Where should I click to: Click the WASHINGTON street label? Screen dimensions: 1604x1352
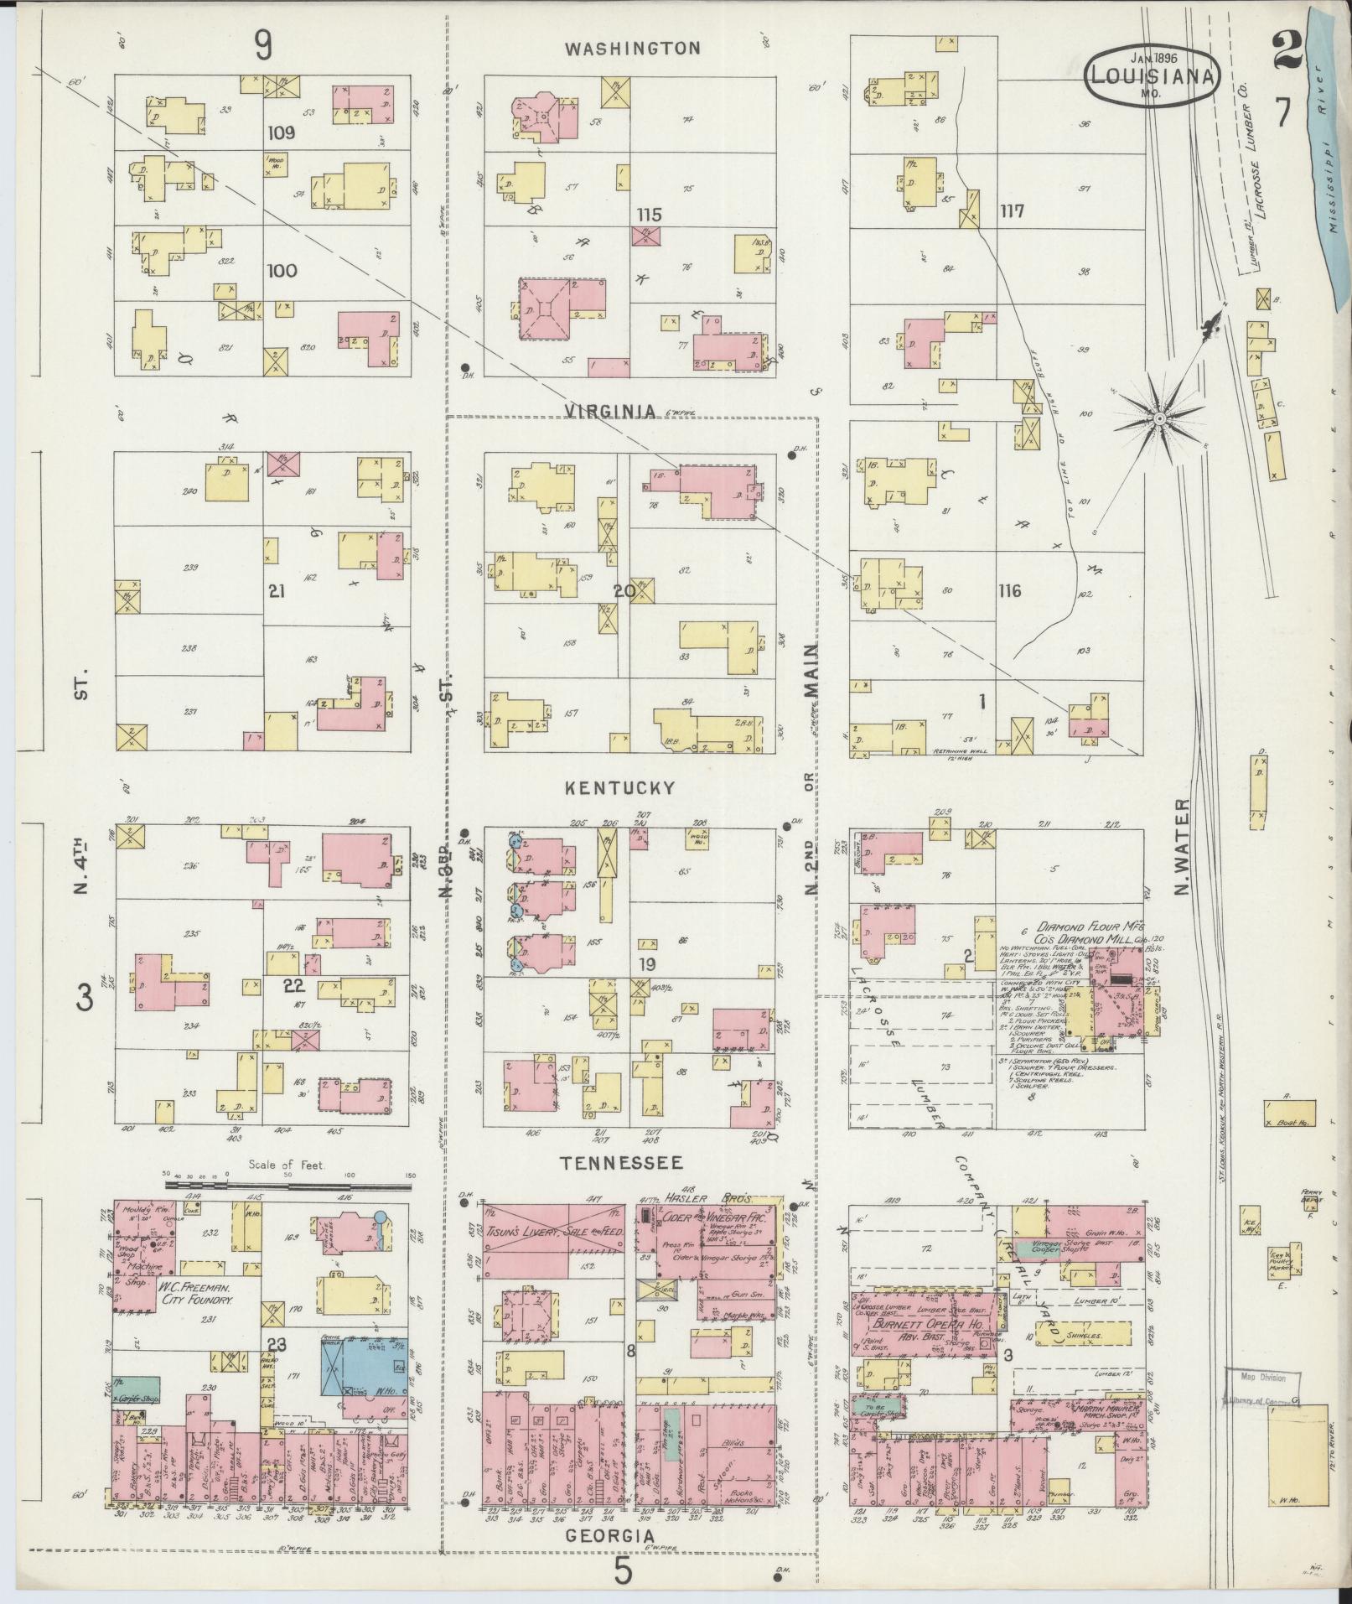click(x=632, y=49)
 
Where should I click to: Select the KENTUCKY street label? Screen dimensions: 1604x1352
click(x=619, y=788)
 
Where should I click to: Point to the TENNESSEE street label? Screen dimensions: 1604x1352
click(x=621, y=1163)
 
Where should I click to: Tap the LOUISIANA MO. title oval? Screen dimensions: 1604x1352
click(x=1153, y=77)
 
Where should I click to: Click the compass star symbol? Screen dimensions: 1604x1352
click(x=1158, y=418)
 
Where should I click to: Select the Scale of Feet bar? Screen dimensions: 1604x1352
click(x=288, y=1185)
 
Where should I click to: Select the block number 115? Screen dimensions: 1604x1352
click(x=649, y=215)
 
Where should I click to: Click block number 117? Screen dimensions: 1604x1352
click(x=1012, y=210)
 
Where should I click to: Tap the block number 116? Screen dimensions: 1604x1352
click(x=1009, y=591)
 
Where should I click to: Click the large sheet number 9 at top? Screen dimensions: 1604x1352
click(x=263, y=46)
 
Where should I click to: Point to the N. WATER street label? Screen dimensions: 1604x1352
click(x=1183, y=847)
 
